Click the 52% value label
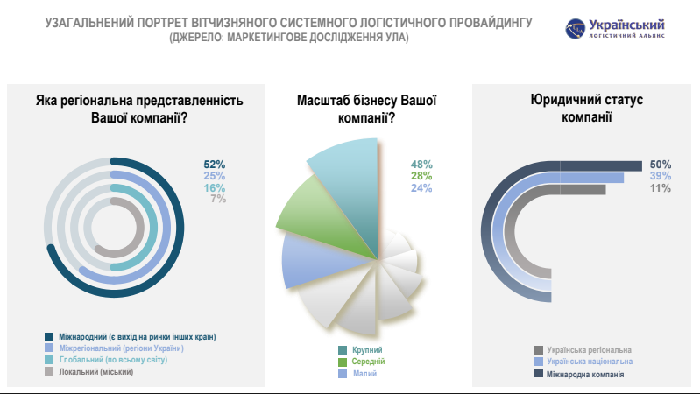pyautogui.click(x=215, y=165)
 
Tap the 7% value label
pyautogui.click(x=218, y=199)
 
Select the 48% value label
pyautogui.click(x=421, y=165)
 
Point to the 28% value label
pyautogui.click(x=421, y=176)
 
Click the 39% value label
pyautogui.click(x=661, y=176)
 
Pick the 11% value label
pyautogui.click(x=661, y=188)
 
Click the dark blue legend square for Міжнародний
pyautogui.click(x=49, y=337)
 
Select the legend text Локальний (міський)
pyautogui.click(x=96, y=372)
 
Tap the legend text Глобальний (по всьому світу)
pyautogui.click(x=113, y=360)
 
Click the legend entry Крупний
pyautogui.click(x=360, y=350)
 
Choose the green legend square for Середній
pyautogui.click(x=343, y=362)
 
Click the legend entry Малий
pyautogui.click(x=357, y=374)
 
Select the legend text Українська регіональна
pyautogui.click(x=590, y=350)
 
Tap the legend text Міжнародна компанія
pyautogui.click(x=585, y=374)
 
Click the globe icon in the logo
pyautogui.click(x=575, y=29)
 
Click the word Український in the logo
pyautogui.click(x=626, y=25)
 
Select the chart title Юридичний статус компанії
pyautogui.click(x=587, y=108)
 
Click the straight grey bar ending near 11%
pyautogui.click(x=583, y=190)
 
